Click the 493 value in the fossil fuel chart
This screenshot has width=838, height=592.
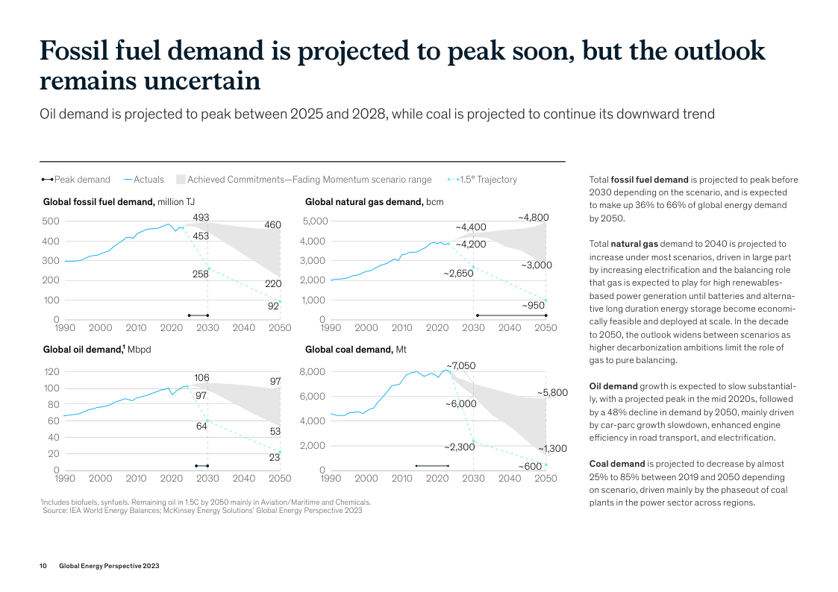(x=201, y=218)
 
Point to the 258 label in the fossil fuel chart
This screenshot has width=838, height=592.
(x=201, y=274)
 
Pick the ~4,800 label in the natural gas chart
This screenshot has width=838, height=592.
(x=533, y=218)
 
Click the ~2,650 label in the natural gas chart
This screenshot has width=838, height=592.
(x=458, y=274)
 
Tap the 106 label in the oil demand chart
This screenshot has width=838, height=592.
(x=201, y=378)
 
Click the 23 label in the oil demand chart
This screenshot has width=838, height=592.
(x=274, y=458)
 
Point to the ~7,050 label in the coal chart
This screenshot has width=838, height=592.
(x=460, y=365)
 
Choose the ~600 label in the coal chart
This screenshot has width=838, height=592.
(x=530, y=467)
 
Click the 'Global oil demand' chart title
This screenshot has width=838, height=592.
(x=82, y=350)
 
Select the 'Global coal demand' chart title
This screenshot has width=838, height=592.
(x=348, y=350)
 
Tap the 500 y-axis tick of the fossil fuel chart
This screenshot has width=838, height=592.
(x=50, y=221)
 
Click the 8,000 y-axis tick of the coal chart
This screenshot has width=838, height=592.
(x=313, y=372)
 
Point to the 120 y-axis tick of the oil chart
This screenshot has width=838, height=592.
(x=51, y=372)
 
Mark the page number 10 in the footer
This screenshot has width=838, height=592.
(x=43, y=566)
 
